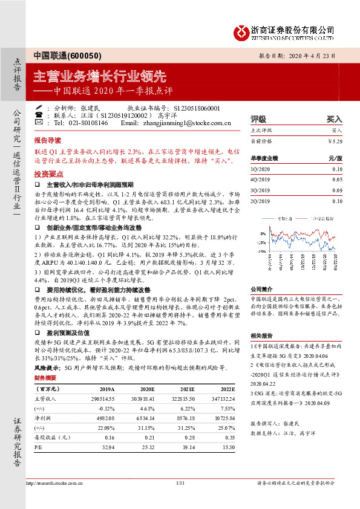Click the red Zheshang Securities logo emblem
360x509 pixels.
click(241, 30)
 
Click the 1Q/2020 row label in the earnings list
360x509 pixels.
click(261, 169)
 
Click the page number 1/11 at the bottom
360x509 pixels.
click(180, 482)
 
